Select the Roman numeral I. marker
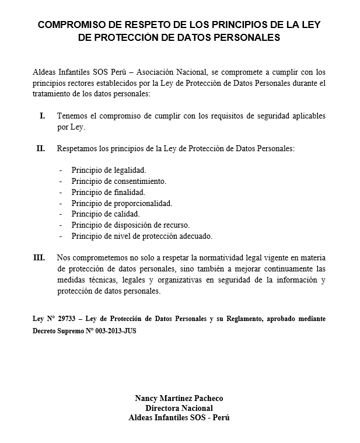pos(42,116)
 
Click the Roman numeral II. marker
pos(41,149)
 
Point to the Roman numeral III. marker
pos(39,257)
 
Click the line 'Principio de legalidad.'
pos(109,170)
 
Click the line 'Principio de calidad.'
pos(105,214)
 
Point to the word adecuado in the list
pos(195,236)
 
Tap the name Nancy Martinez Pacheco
pos(179,399)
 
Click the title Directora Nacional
pos(179,408)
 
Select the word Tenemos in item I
pos(72,116)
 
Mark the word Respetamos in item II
pos(76,149)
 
